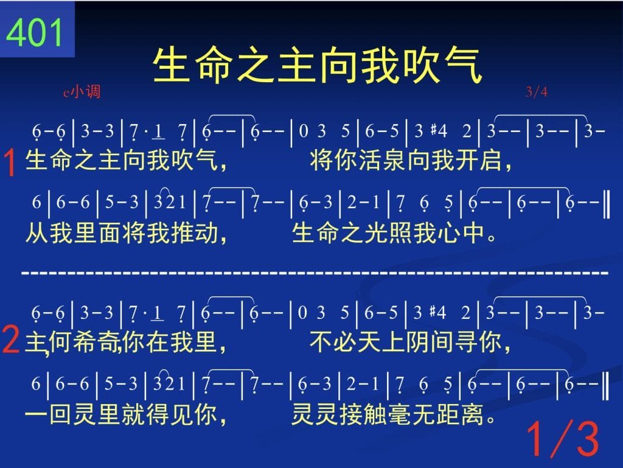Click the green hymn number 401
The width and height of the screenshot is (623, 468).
point(34,33)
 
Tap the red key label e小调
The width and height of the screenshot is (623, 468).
point(82,92)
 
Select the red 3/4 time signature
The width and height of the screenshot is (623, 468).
point(536,92)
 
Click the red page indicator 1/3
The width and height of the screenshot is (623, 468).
point(562,439)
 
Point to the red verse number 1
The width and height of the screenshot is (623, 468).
point(10,162)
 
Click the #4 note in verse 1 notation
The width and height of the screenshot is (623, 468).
point(439,131)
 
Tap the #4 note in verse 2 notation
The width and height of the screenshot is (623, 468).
point(438,313)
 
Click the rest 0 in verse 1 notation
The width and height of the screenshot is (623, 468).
point(303,131)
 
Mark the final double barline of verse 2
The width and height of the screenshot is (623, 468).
point(605,385)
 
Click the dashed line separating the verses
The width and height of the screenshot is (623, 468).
point(315,273)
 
